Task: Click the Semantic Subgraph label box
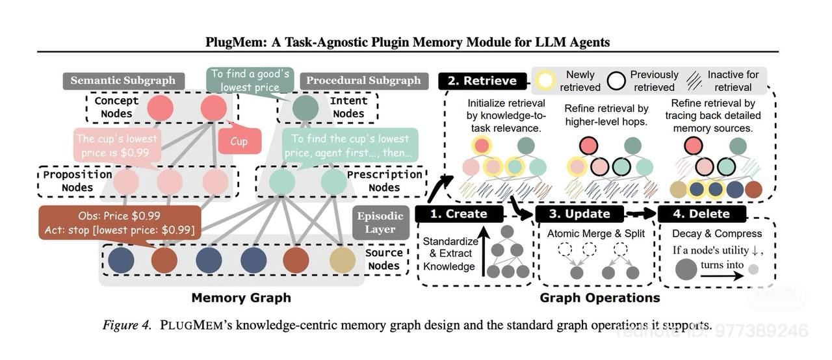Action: tap(123, 81)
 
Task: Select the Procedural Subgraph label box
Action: tap(363, 81)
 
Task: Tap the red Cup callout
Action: tap(239, 141)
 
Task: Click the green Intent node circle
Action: tap(305, 107)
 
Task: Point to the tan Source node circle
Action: tap(343, 259)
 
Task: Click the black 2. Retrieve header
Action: tap(482, 81)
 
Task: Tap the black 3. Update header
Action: tap(578, 214)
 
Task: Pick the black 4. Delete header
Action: tap(702, 214)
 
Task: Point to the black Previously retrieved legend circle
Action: tap(616, 81)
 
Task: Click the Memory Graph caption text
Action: tap(240, 298)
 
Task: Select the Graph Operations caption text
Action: tap(599, 298)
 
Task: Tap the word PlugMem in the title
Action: tap(232, 42)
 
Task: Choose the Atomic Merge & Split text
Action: tap(595, 233)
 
